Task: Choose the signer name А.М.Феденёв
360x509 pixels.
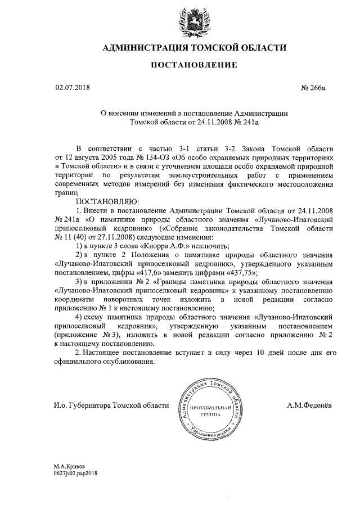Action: [308, 405]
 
